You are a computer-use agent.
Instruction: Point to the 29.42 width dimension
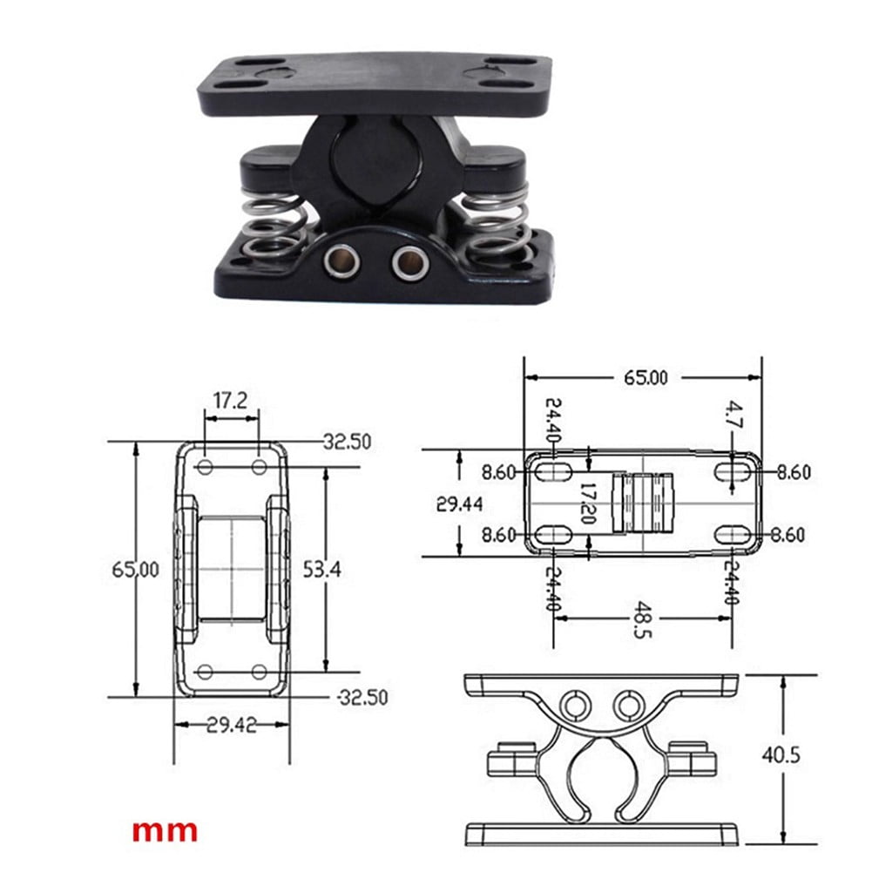tap(231, 725)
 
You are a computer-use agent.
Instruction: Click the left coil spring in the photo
tap(268, 228)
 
